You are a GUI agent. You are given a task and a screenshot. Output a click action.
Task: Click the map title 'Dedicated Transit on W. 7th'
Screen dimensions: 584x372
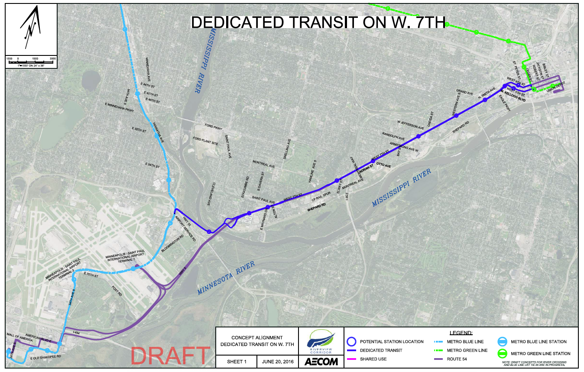click(318, 23)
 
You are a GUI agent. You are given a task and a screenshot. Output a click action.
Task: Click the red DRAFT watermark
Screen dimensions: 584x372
click(171, 356)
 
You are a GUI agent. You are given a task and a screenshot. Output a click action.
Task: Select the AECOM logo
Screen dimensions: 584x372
click(321, 361)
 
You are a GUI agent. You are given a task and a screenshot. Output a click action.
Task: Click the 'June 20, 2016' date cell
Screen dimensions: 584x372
click(277, 361)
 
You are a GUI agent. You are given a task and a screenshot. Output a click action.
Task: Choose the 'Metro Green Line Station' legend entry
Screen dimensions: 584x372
click(540, 353)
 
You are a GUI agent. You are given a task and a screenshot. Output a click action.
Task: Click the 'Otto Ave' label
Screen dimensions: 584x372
click(383, 166)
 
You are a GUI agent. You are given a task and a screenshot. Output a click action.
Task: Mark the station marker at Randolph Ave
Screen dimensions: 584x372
click(418, 137)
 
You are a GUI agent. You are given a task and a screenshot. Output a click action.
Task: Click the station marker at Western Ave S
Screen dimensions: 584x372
click(456, 115)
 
